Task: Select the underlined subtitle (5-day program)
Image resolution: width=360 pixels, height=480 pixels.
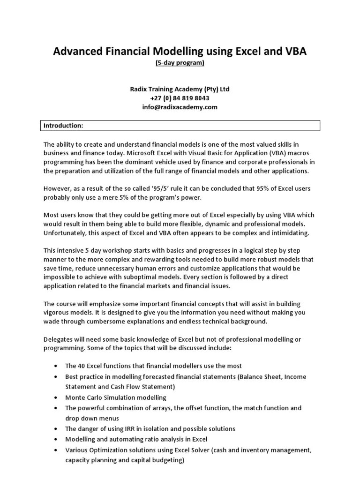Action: pos(180,63)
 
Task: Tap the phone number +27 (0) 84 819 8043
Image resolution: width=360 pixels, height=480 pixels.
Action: pos(180,98)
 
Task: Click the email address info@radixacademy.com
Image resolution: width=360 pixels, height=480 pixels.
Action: pos(180,107)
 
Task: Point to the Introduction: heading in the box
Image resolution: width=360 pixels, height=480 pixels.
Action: pos(63,126)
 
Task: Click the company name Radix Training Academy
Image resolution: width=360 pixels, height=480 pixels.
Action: pos(166,89)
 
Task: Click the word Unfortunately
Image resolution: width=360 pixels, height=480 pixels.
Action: pos(66,232)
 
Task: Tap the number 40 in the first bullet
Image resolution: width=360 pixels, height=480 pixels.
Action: pos(81,365)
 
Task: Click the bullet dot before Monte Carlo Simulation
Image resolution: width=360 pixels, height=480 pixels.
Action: pos(56,397)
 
